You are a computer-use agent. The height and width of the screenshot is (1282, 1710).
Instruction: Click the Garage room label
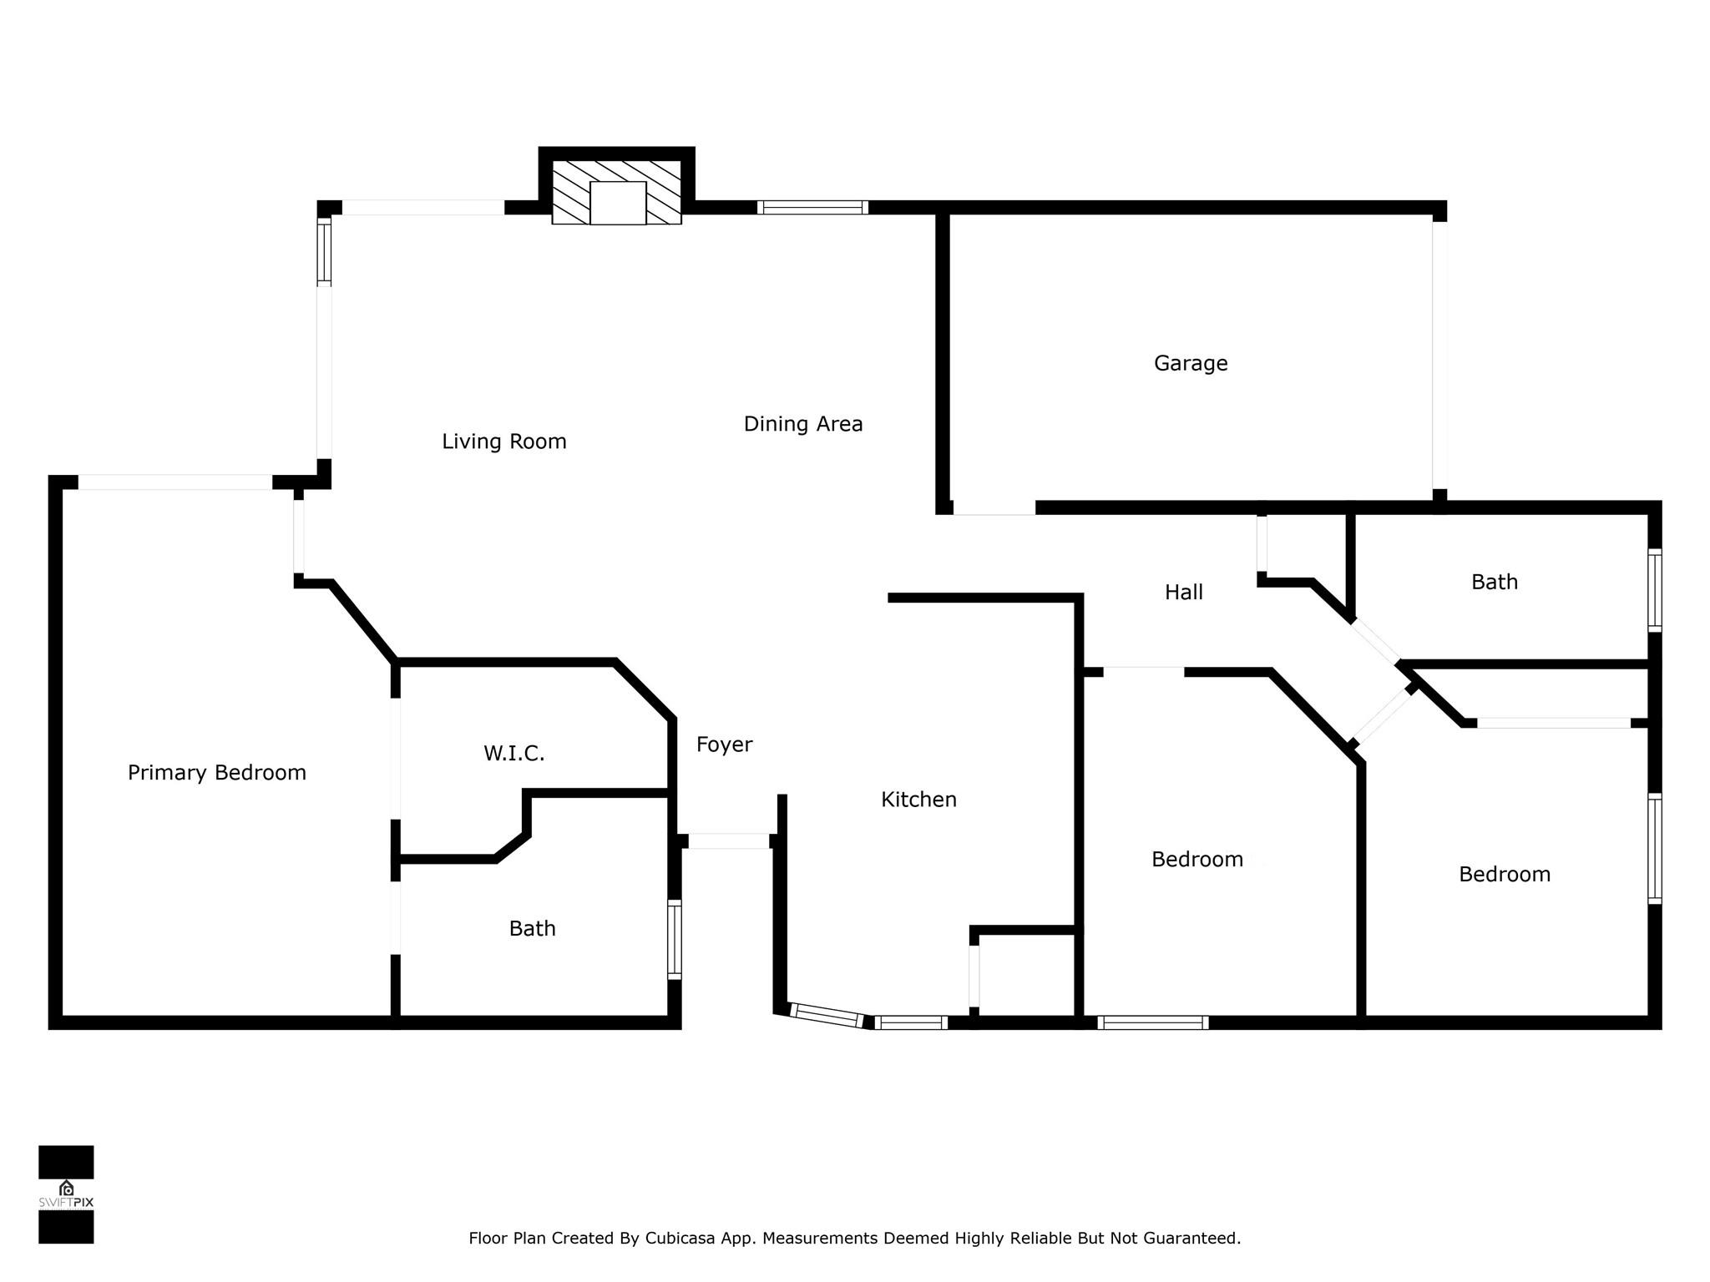[x=1191, y=363]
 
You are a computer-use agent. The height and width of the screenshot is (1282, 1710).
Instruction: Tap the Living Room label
[x=504, y=442]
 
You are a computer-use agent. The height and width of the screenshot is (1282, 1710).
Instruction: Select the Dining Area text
[x=803, y=424]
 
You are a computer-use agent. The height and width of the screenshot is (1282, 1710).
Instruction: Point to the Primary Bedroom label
[x=217, y=773]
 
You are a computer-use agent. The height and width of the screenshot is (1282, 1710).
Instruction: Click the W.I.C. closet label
[x=514, y=754]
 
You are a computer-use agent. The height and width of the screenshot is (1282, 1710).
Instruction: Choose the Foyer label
[x=725, y=744]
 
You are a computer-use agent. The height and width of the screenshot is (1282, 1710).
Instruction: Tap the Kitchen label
[x=919, y=800]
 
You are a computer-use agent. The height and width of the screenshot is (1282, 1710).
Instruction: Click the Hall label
[x=1184, y=593]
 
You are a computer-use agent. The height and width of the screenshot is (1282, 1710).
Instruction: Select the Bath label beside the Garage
[x=1495, y=582]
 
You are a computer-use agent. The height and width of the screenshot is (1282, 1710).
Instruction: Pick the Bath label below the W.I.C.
[x=533, y=928]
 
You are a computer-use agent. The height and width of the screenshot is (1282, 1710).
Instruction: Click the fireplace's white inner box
[x=618, y=203]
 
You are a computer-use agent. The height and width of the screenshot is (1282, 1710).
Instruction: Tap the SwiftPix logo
[x=66, y=1194]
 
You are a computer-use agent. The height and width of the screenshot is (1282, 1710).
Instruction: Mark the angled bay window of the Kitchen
[x=827, y=1016]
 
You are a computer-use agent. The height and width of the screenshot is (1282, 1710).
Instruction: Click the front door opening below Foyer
[x=728, y=841]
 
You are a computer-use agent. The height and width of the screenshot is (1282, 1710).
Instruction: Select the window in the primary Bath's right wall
[x=675, y=939]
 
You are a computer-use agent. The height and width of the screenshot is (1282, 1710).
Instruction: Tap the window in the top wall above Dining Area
[x=812, y=208]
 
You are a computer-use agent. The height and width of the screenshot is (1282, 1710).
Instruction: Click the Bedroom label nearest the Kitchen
[x=1197, y=860]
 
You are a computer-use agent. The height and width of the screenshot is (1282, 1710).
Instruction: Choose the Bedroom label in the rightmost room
[x=1505, y=875]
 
